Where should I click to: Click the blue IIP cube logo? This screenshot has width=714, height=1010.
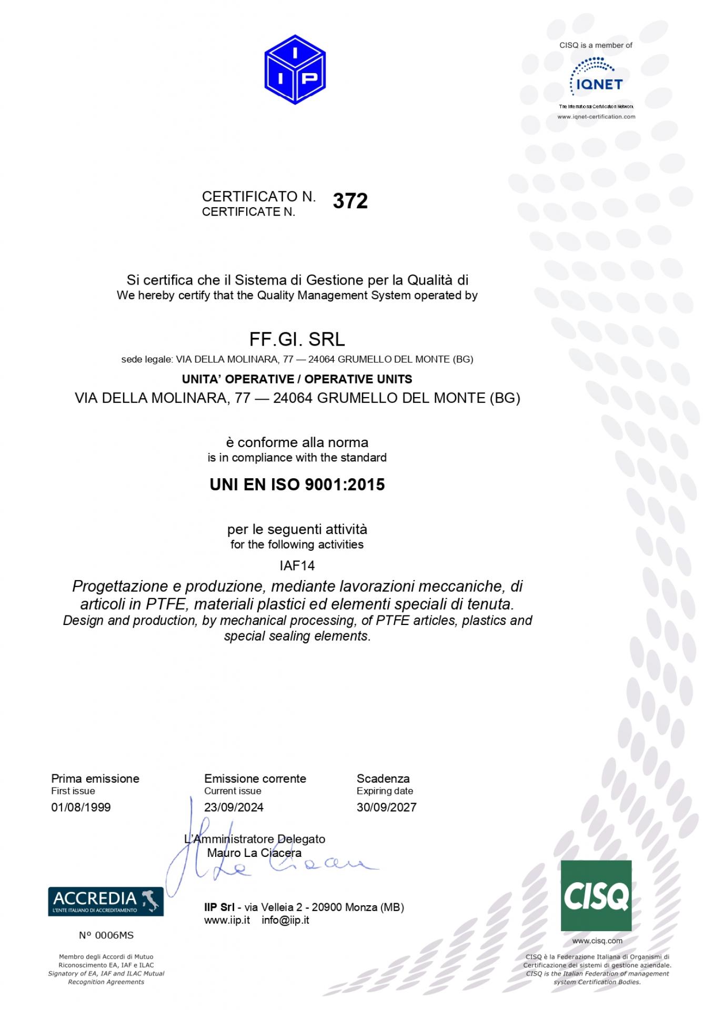coord(295,69)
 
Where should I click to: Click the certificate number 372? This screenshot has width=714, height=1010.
coord(350,201)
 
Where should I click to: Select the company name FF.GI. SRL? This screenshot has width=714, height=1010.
coord(297,340)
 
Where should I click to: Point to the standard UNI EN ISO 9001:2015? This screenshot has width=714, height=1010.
coord(297,484)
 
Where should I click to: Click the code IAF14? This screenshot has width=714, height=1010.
coord(297,565)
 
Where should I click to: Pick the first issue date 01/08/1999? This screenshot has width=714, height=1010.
coord(81,807)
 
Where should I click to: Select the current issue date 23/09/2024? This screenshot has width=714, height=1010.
coord(234,807)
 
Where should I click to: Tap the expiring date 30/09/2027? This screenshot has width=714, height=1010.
coord(386,807)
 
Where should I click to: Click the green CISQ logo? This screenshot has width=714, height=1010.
coord(596,896)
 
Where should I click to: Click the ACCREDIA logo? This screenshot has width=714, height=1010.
coord(106,901)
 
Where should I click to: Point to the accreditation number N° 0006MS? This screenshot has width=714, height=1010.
coord(106,935)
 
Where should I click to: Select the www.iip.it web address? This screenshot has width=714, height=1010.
coord(227,920)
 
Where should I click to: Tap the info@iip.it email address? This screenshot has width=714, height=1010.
coord(285,920)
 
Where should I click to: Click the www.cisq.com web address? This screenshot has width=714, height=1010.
coord(597,941)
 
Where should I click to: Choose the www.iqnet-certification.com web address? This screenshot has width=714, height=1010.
coord(596,117)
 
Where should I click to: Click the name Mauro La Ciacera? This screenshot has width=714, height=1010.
coord(254,853)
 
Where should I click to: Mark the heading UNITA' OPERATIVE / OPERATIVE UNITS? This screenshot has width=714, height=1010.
coord(297,379)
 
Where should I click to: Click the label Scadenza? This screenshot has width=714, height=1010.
coord(383,779)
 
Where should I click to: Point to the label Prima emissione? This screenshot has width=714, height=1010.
coord(95,779)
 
